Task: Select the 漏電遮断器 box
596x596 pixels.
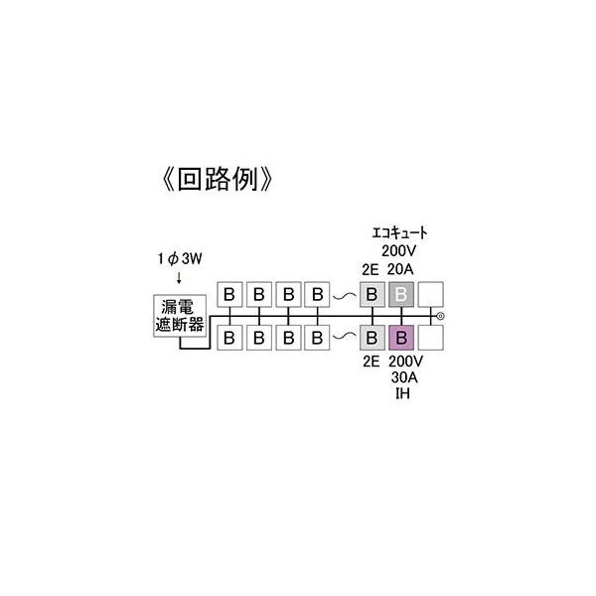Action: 179,317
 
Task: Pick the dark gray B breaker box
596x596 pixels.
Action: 401,295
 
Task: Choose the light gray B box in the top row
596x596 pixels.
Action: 372,295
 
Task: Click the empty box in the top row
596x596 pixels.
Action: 430,295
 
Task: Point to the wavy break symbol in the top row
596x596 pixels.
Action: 344,296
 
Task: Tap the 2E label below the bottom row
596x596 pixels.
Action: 371,362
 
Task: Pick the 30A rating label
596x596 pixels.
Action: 401,377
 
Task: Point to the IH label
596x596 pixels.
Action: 400,393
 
